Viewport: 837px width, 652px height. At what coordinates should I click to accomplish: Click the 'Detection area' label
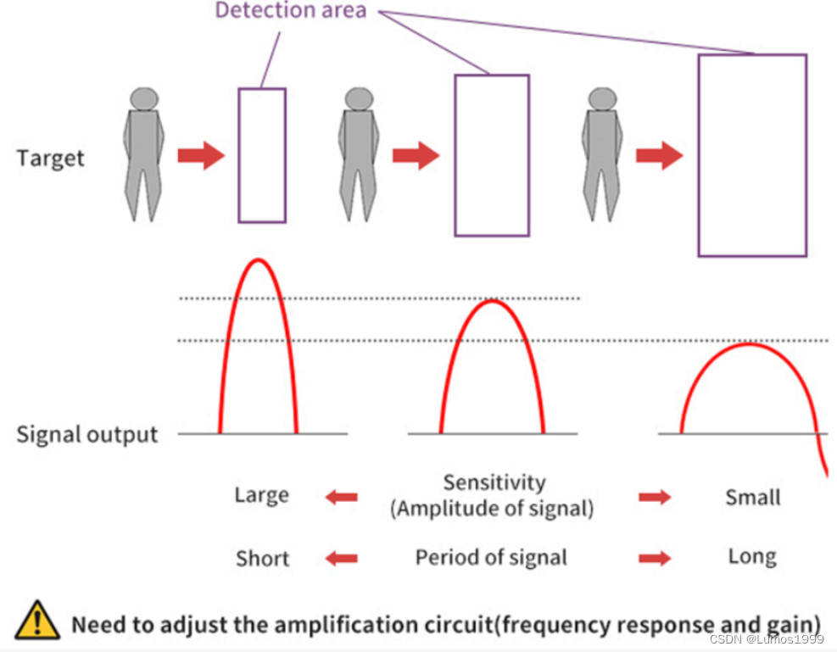tap(291, 11)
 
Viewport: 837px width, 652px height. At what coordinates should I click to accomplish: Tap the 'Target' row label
tap(51, 159)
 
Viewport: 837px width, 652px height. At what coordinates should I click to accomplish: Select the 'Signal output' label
tap(87, 435)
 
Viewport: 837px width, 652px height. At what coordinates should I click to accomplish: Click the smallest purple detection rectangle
tap(262, 155)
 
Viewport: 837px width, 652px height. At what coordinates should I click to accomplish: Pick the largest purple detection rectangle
tap(751, 155)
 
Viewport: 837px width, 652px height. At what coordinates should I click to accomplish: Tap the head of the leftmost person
tap(145, 98)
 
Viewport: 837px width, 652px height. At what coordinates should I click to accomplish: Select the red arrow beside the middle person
tap(416, 156)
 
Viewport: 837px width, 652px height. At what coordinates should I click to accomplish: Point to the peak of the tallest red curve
tap(259, 260)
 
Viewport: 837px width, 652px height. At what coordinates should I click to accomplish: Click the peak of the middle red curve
tap(492, 301)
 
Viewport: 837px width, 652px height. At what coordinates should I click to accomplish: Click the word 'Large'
tap(262, 495)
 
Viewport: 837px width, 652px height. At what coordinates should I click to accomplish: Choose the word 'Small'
tap(752, 497)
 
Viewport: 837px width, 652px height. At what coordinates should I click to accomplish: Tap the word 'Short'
tap(262, 559)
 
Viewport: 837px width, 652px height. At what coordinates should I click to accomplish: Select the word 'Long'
tap(752, 557)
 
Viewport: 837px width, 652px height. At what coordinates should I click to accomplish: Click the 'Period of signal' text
tap(491, 558)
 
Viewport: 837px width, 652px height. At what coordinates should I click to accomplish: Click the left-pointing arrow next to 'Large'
tap(342, 497)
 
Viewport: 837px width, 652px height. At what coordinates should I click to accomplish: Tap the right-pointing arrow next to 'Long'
tap(655, 558)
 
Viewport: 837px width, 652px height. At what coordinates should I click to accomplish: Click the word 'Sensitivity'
tap(494, 482)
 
